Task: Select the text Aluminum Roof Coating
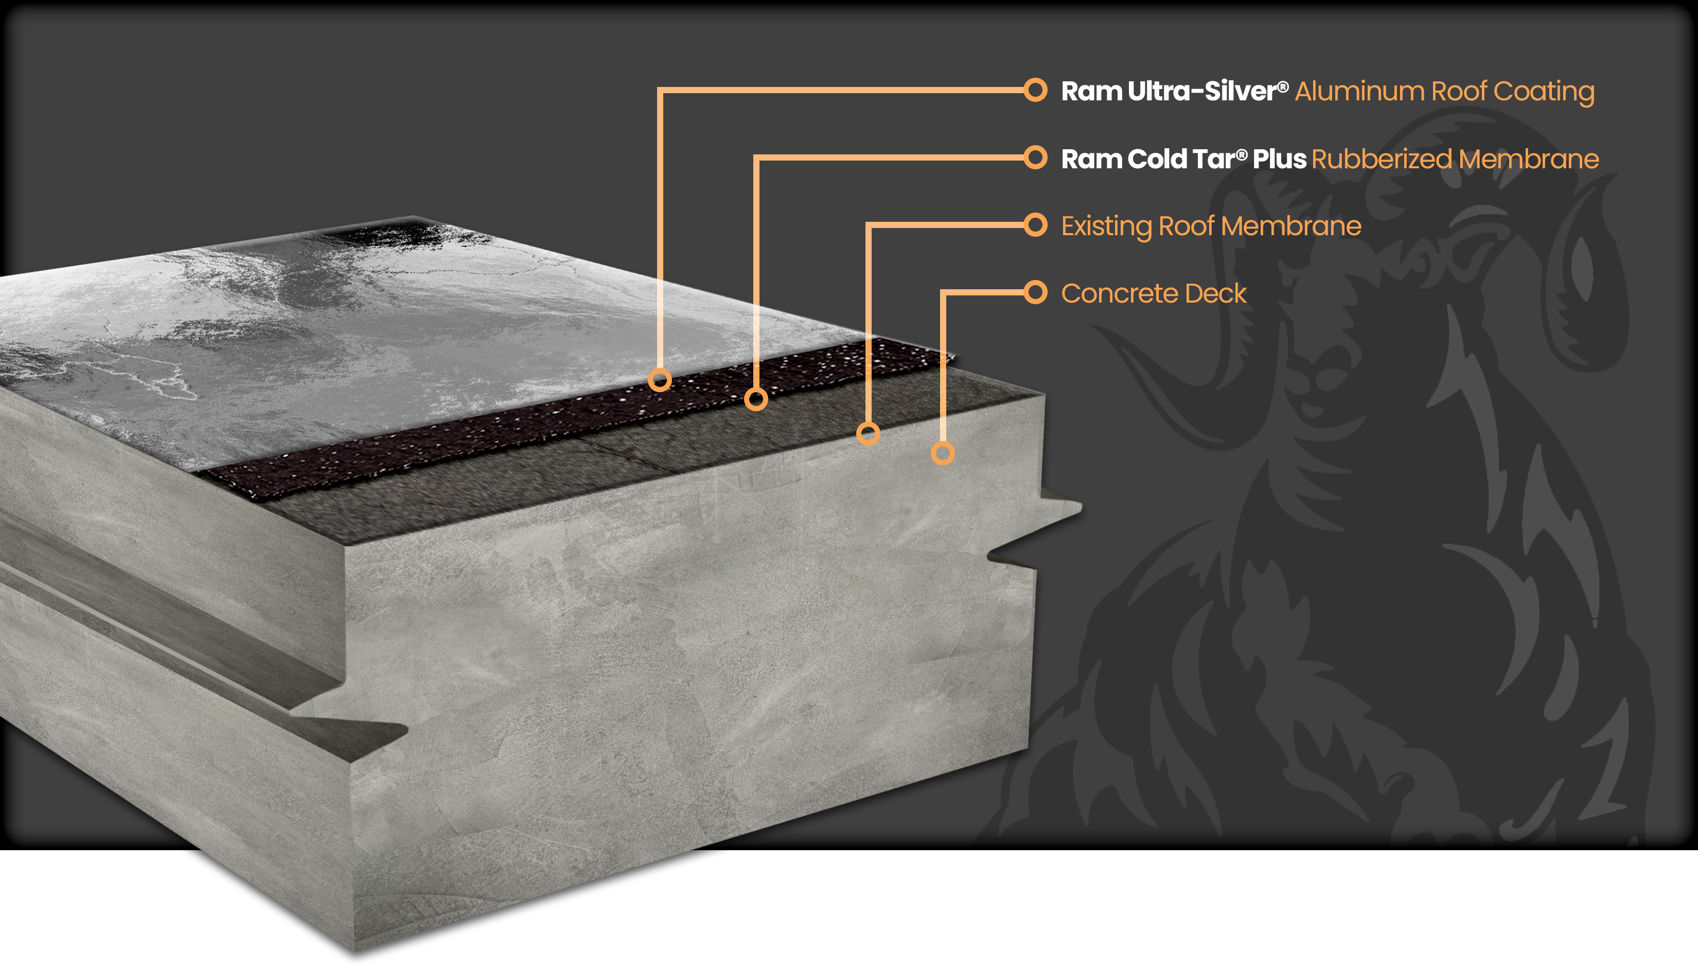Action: tap(1444, 92)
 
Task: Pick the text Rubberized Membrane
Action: tap(1455, 159)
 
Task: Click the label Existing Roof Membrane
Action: tap(1211, 226)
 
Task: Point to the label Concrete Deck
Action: tap(1154, 293)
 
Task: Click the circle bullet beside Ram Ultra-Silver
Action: tap(1035, 90)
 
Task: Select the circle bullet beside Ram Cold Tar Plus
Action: tap(1035, 158)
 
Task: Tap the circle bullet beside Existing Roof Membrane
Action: tap(1035, 225)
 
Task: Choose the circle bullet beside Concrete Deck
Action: tap(1035, 292)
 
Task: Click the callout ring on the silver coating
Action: tap(659, 380)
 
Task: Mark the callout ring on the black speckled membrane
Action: tap(755, 399)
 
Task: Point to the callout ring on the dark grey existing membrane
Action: tap(868, 434)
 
